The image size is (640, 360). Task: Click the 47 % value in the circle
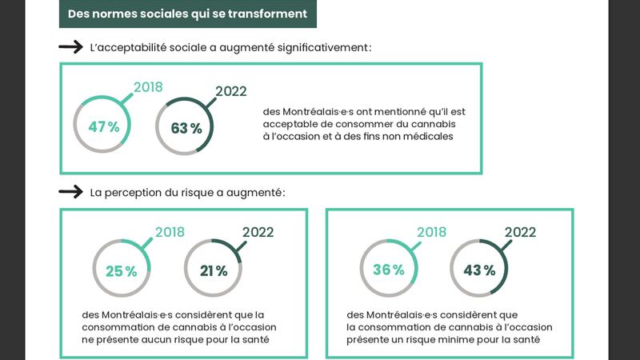point(103,127)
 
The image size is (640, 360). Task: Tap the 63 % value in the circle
point(186,128)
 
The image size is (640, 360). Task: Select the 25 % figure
point(121,271)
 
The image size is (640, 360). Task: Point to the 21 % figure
point(214,271)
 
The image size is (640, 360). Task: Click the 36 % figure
point(388,270)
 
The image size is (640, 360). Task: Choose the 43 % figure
point(479,270)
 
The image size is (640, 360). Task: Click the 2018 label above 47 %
point(149,87)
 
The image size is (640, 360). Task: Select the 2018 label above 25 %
point(170,232)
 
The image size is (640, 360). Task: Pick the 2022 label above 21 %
point(258,232)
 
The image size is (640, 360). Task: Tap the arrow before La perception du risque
point(71,192)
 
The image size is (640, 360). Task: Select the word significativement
point(322,48)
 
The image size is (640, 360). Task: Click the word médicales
point(430,137)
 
